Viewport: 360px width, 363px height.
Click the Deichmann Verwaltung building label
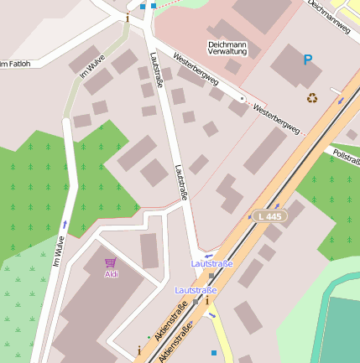point(227,47)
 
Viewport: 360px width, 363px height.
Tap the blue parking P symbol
point(307,60)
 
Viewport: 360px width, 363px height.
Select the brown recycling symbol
point(312,98)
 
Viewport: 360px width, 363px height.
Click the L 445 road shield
point(271,216)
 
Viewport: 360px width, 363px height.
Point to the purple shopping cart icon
point(111,263)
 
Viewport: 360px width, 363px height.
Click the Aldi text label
point(111,274)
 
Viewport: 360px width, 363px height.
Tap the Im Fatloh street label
point(15,64)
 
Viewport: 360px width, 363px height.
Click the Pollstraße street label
point(346,155)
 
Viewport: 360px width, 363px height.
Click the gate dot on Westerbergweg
point(243,99)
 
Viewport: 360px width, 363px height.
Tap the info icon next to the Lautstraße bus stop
point(207,300)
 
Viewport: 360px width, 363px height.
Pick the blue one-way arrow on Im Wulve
point(65,225)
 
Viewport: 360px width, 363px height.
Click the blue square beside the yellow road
point(213,353)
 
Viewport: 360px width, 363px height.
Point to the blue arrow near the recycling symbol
point(341,101)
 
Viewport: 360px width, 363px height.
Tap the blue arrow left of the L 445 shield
point(249,216)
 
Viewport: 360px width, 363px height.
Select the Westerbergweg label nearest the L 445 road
point(275,119)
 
